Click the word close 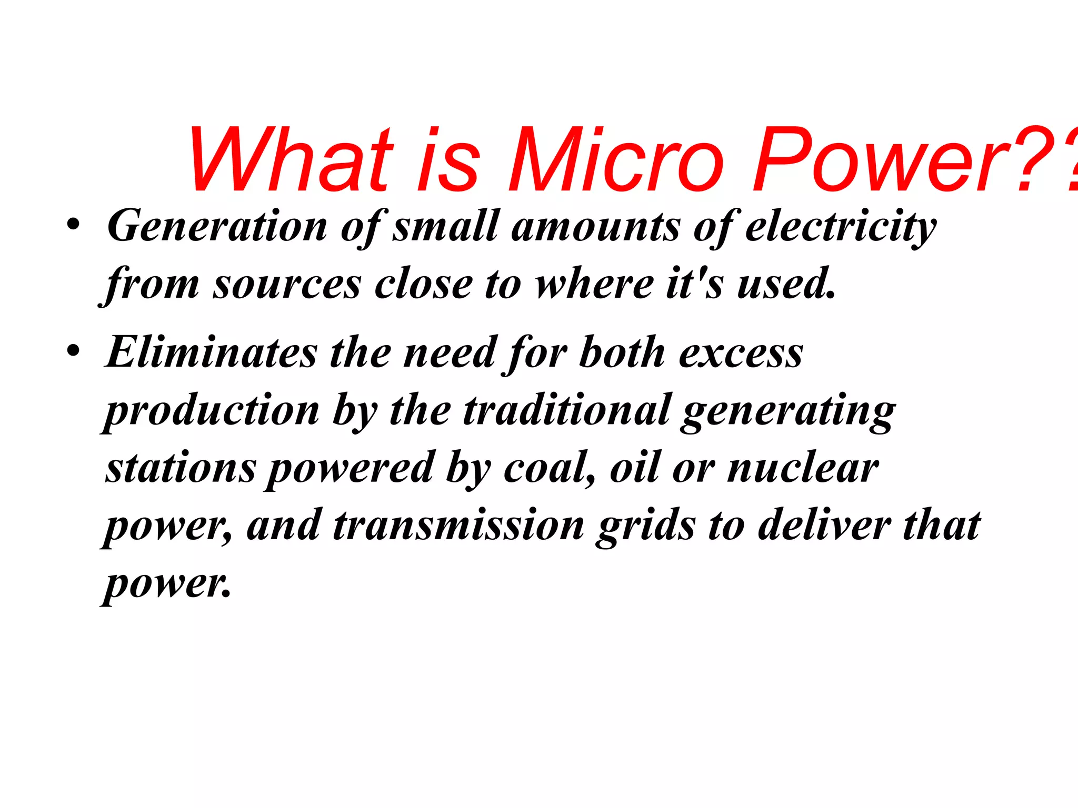(x=423, y=284)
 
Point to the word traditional (x=566, y=410)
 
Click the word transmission (x=458, y=526)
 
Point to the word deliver (x=824, y=526)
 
